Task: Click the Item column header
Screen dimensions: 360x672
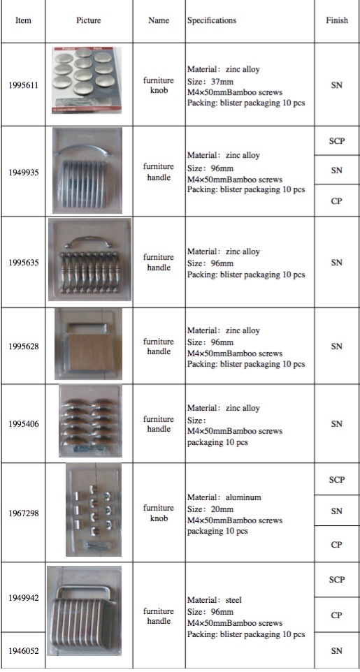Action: click(23, 20)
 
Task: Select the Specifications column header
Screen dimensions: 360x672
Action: click(211, 20)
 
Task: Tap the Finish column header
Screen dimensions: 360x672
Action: click(336, 20)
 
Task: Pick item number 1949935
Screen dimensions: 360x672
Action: click(23, 172)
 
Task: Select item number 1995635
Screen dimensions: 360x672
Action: click(23, 263)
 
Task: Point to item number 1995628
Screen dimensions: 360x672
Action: click(23, 346)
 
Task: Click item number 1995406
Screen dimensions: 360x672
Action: click(23, 424)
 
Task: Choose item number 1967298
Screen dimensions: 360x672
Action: click(23, 513)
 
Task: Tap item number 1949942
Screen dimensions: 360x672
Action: click(23, 598)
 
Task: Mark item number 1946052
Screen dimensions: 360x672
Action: click(23, 651)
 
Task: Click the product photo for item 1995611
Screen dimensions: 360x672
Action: click(87, 80)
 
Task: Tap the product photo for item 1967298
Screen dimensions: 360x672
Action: click(94, 510)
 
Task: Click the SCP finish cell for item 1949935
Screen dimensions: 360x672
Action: click(336, 142)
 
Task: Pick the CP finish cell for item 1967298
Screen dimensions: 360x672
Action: click(336, 545)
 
